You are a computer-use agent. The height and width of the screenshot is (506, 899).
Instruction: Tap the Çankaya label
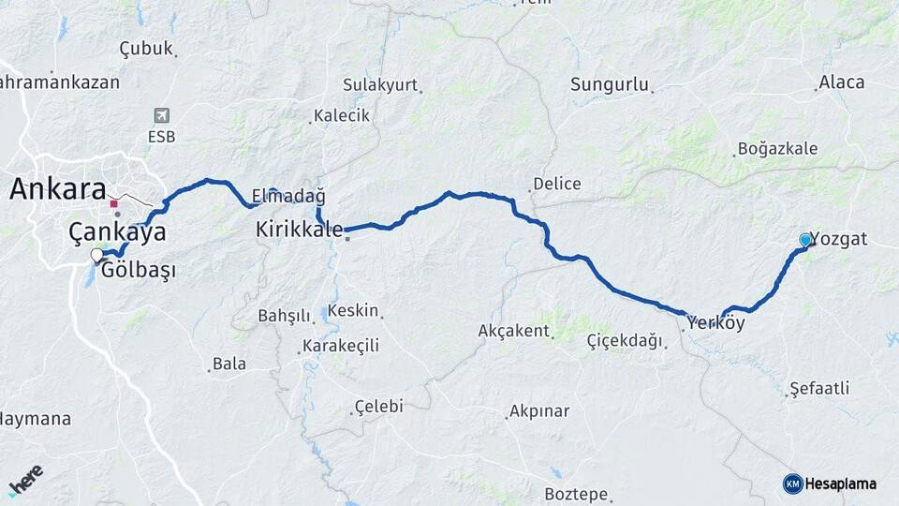[x=117, y=232]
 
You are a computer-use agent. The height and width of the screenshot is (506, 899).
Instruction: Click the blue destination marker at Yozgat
[x=805, y=240]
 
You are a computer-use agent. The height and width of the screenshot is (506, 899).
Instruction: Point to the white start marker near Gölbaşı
[x=96, y=255]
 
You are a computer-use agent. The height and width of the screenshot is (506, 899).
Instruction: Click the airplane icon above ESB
[x=161, y=115]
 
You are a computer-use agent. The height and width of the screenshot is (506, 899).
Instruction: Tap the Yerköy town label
[x=716, y=323]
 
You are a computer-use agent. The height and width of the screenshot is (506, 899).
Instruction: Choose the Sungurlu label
[x=610, y=84]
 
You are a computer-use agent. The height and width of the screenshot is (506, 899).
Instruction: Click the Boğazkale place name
[x=777, y=149]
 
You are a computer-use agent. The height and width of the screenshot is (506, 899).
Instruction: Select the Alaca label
[x=841, y=82]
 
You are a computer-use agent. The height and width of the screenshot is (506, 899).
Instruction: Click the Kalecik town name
[x=342, y=115]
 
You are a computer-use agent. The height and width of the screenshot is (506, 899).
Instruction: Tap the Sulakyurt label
[x=380, y=84]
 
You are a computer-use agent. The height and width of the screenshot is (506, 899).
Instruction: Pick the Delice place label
[x=556, y=184]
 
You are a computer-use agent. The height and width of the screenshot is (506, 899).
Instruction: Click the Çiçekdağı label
[x=624, y=340]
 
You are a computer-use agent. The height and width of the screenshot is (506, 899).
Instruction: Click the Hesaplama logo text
[x=839, y=484]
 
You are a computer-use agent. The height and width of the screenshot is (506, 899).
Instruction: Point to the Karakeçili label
[x=340, y=346]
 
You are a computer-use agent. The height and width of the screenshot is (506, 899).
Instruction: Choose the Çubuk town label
[x=146, y=49]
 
